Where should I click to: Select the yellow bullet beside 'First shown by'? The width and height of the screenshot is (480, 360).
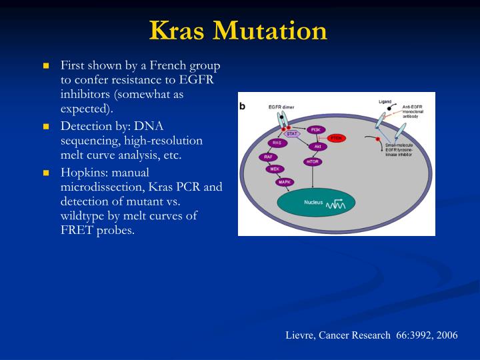pos(47,66)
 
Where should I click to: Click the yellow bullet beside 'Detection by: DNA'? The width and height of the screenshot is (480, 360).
pos(47,126)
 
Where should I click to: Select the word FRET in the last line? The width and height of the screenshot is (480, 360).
pos(76,231)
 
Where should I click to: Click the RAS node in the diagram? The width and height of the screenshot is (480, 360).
pos(276,143)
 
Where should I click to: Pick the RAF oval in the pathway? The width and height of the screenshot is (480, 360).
pos(267,157)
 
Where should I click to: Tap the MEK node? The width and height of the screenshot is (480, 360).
pos(275,169)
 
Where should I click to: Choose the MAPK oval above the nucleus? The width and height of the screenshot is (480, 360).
pos(285,181)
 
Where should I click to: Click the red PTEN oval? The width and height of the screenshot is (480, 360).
pos(337,138)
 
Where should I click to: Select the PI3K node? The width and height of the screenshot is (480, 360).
pos(316,129)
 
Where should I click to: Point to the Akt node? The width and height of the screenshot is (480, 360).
pos(318,146)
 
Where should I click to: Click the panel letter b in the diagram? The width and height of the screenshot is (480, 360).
pos(243,106)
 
